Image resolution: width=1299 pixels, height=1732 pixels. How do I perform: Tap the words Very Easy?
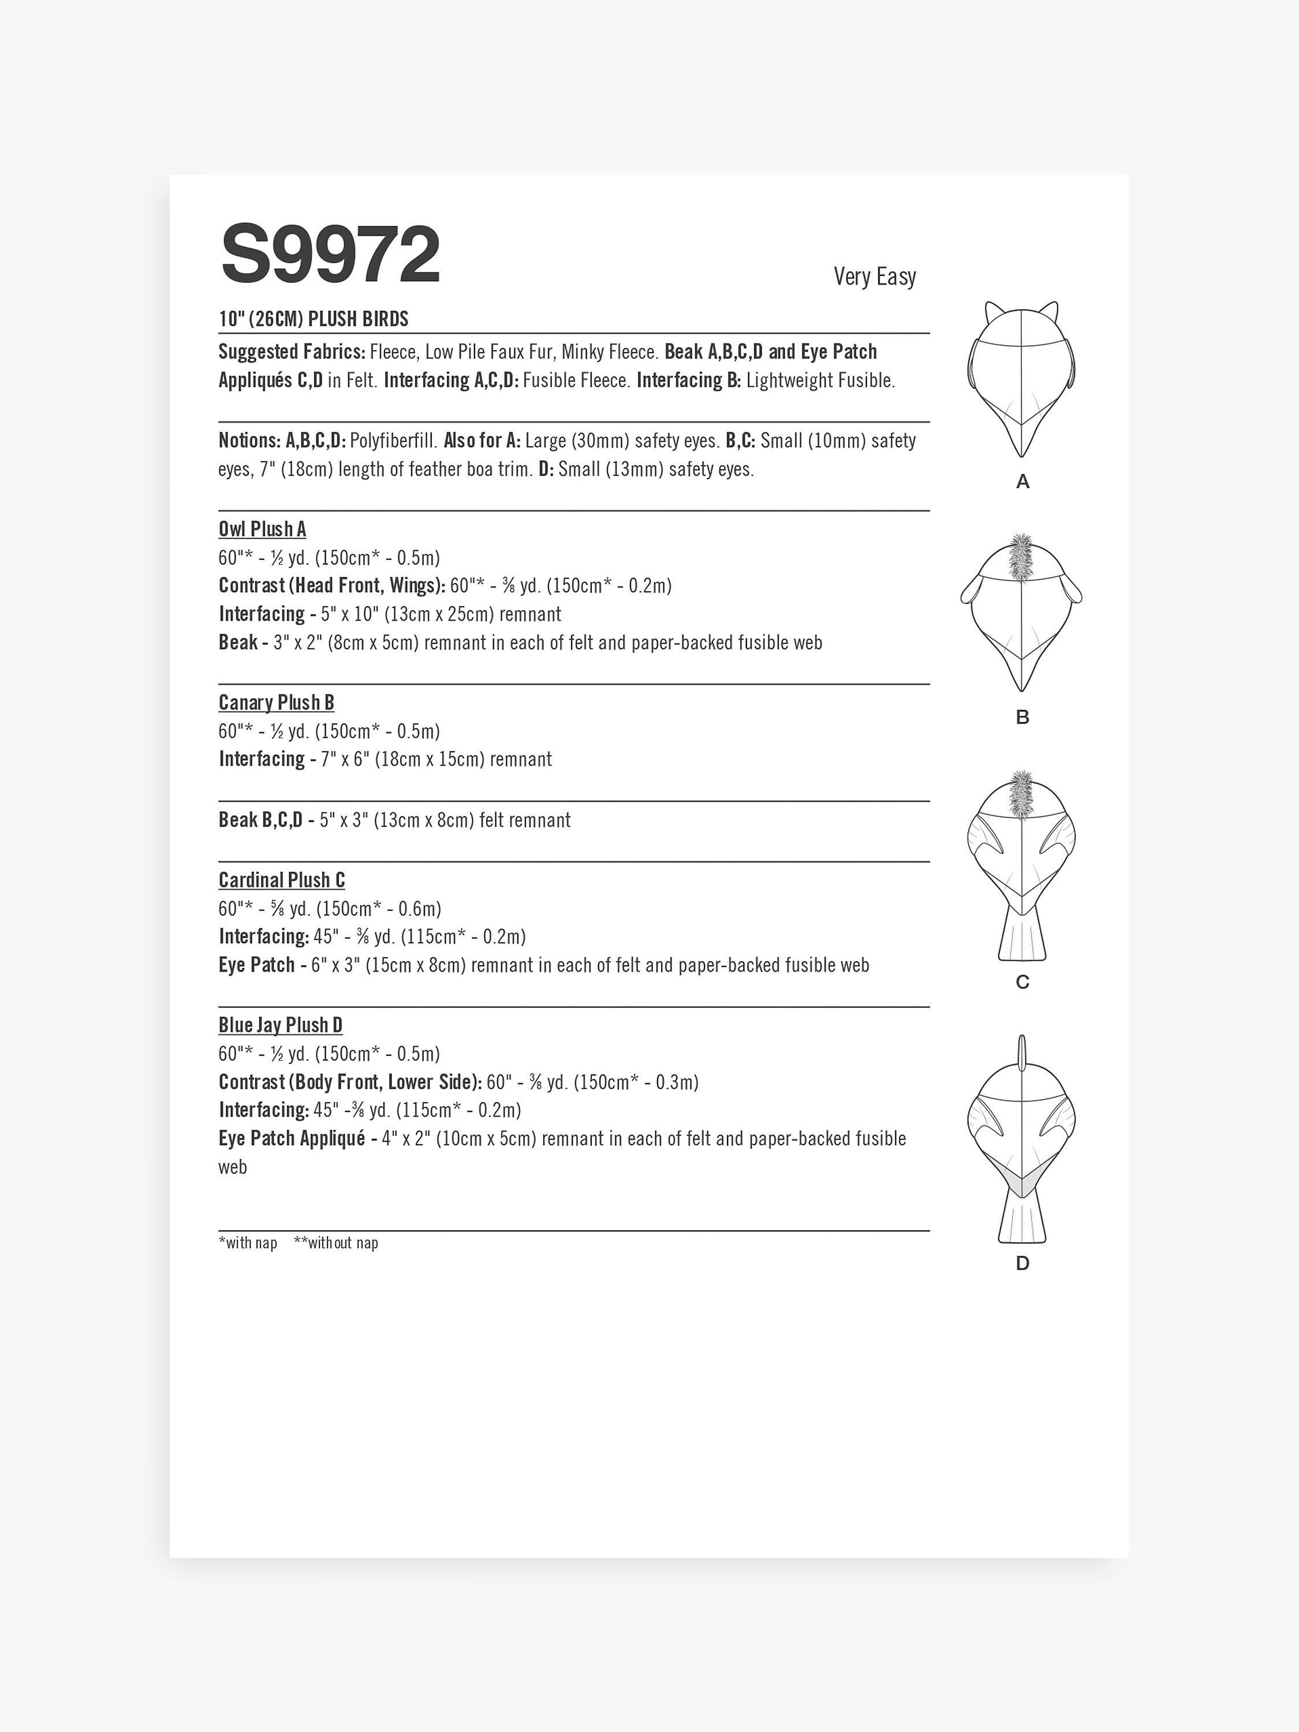point(874,277)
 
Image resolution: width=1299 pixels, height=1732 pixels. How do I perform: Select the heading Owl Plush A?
point(262,529)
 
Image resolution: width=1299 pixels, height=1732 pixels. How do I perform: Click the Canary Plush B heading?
point(277,703)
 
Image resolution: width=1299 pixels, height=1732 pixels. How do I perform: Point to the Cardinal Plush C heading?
point(282,880)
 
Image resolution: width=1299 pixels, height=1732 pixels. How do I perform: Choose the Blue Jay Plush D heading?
point(281,1025)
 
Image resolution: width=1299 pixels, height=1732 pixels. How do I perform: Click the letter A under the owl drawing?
point(1022,482)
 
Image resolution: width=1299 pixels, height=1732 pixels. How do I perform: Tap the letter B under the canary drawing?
point(1022,717)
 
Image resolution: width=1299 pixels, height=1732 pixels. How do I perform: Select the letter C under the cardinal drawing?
point(1022,982)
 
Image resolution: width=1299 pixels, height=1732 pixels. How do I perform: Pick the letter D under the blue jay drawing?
point(1022,1263)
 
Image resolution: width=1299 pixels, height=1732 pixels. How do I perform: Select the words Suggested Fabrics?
point(292,352)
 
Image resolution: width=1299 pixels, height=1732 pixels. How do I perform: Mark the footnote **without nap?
point(336,1242)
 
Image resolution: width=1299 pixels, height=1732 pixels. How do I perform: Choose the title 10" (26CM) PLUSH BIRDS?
point(313,319)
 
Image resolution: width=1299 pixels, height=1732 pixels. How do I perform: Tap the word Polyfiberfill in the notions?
point(394,441)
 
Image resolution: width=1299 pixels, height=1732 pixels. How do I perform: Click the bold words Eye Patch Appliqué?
point(292,1139)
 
